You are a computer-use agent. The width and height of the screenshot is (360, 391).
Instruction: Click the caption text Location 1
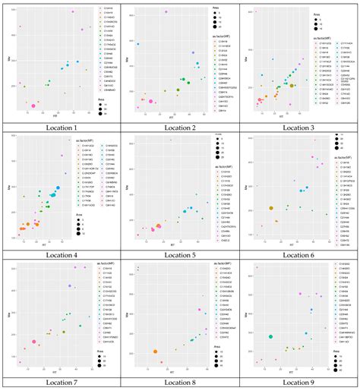[x=61, y=128]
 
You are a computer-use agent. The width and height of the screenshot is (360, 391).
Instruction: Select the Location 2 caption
[x=180, y=128]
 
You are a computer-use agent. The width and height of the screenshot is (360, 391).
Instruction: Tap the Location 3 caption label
[x=299, y=128]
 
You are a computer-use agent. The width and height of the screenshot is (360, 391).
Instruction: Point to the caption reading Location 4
[x=61, y=255]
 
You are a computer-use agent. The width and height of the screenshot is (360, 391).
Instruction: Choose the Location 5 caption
[x=180, y=255]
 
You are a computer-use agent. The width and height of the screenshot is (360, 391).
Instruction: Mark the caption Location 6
[x=299, y=255]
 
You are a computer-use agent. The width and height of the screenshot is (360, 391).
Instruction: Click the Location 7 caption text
[x=61, y=383]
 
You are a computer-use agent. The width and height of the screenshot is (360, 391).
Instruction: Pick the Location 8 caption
[x=180, y=383]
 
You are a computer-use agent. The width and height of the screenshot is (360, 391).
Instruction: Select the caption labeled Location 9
[x=299, y=383]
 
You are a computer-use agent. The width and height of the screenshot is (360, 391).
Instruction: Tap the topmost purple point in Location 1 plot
[x=72, y=12]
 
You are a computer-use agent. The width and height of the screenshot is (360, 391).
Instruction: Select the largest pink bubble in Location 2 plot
[x=150, y=101]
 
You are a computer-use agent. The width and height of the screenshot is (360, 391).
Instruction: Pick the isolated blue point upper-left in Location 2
[x=137, y=44]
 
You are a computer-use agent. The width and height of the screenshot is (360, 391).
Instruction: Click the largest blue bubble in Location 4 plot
[x=57, y=188]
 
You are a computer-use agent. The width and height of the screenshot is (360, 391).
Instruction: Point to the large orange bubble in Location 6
[x=271, y=207]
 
